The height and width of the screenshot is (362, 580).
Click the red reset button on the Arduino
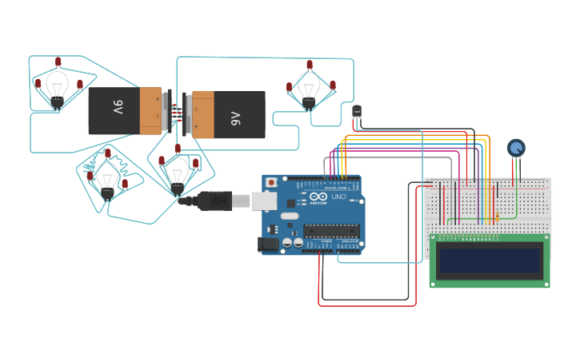[271, 182]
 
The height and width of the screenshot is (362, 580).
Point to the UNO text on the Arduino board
[338, 197]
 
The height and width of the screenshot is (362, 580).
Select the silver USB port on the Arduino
[265, 200]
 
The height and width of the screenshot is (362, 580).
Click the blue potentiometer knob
[516, 148]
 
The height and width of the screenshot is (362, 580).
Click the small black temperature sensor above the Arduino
[357, 111]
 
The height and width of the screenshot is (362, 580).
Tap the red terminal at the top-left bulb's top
[58, 62]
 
